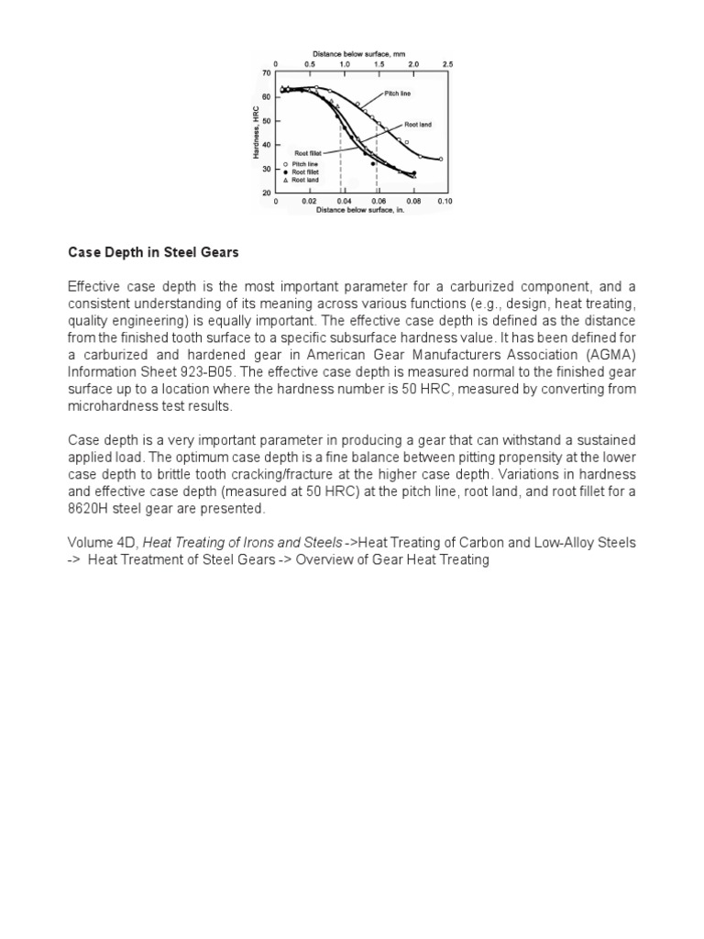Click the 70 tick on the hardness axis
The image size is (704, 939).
(x=267, y=72)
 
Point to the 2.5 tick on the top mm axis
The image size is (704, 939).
(x=448, y=63)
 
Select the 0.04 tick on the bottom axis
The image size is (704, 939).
(x=344, y=200)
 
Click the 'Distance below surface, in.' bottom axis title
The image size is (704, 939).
(x=360, y=209)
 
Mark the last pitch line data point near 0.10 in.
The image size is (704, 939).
(x=440, y=159)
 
